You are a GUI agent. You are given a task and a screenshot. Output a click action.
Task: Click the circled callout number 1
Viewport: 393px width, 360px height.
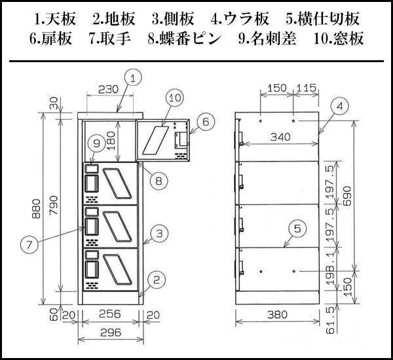(133, 79)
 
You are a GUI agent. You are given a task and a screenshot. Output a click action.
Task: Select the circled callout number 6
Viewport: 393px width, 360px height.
(204, 121)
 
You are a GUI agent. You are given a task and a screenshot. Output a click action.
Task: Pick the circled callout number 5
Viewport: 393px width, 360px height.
(298, 228)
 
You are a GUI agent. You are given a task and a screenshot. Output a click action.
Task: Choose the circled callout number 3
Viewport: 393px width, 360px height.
(158, 232)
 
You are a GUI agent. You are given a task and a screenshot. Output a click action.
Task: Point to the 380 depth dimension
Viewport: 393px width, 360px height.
(278, 315)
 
